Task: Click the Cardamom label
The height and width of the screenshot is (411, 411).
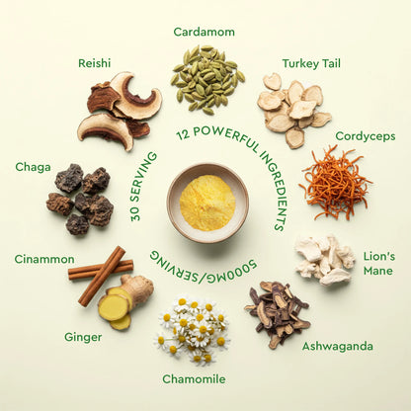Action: pyautogui.click(x=204, y=32)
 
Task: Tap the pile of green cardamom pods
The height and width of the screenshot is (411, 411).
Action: pyautogui.click(x=206, y=79)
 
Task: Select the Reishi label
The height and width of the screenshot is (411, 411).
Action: pyautogui.click(x=94, y=63)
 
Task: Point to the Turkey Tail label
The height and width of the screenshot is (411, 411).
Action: pyautogui.click(x=311, y=63)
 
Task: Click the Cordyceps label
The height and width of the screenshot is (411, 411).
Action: pyautogui.click(x=366, y=136)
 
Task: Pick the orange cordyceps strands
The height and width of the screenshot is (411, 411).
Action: pyautogui.click(x=335, y=183)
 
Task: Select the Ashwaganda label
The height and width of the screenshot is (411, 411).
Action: pyautogui.click(x=338, y=347)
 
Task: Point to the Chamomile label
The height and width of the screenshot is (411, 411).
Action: pyautogui.click(x=194, y=379)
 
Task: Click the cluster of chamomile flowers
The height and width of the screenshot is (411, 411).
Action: pyautogui.click(x=191, y=330)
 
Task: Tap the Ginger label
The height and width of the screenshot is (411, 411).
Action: pyautogui.click(x=83, y=338)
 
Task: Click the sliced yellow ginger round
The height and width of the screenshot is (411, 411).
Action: pyautogui.click(x=114, y=307)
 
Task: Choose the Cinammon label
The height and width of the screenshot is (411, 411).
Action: pyautogui.click(x=44, y=259)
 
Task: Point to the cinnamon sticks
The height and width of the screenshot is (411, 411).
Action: pyautogui.click(x=101, y=275)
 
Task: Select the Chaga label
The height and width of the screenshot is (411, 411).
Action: pyautogui.click(x=33, y=167)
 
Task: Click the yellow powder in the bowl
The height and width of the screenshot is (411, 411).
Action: pyautogui.click(x=207, y=203)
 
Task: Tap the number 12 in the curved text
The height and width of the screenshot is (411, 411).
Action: pyautogui.click(x=183, y=134)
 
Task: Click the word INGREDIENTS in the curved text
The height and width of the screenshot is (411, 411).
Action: pyautogui.click(x=272, y=190)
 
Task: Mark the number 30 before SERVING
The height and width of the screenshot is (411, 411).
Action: pyautogui.click(x=135, y=212)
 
